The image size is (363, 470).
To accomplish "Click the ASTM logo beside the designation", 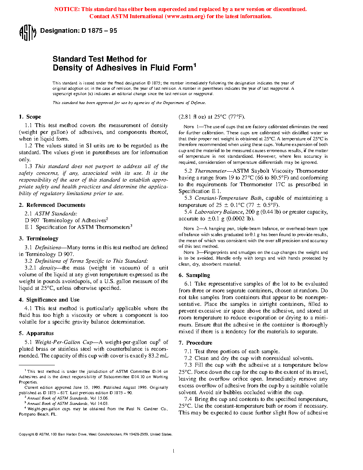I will pos(27,33).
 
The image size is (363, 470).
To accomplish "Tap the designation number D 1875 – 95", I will pos(99,31).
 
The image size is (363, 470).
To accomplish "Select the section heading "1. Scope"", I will pos(30,117).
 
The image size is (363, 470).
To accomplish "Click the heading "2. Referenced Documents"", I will pos(52,205).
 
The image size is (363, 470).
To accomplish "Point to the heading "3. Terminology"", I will pos(38,239).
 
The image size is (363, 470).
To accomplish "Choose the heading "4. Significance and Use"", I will pos(49,300).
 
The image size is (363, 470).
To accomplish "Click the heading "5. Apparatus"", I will pos(36,333).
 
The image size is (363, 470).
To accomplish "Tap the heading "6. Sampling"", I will pos(194,275).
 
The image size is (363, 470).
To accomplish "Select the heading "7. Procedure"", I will pos(195,343).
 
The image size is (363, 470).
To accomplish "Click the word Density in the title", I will pos(66,68).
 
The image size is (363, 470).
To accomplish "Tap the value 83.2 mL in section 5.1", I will pos(158,356).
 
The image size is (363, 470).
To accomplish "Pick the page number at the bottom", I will pos(173,451).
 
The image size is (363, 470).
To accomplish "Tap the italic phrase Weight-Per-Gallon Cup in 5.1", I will pos(64,342).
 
